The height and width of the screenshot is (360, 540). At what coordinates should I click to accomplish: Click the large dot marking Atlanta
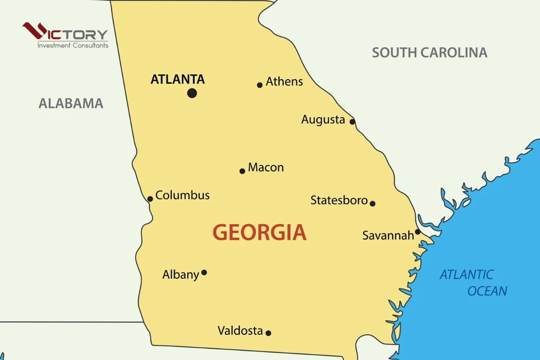(192, 93)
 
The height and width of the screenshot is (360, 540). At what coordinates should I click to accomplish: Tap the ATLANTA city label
(178, 80)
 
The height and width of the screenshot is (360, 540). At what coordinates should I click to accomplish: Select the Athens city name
(284, 81)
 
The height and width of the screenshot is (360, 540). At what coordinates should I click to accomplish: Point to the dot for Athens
(260, 85)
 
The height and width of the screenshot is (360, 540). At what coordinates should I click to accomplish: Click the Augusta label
(323, 120)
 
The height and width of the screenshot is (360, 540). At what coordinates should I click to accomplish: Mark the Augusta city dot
(352, 121)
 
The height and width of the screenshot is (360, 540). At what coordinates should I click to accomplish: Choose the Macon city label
(266, 167)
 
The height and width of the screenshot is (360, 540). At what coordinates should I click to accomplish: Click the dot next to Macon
(242, 171)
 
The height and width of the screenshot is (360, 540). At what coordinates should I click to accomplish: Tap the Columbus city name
(182, 195)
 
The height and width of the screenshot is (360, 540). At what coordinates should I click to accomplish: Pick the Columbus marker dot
(150, 199)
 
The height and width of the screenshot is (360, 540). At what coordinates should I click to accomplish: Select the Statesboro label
(339, 200)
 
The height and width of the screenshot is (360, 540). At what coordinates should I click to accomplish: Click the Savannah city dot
(418, 232)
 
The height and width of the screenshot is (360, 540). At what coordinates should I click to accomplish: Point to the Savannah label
(388, 235)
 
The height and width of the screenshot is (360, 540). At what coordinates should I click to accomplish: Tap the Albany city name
(180, 274)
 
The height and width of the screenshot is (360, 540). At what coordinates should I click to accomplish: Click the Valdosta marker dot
(268, 333)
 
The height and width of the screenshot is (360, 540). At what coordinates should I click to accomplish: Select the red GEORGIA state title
(260, 233)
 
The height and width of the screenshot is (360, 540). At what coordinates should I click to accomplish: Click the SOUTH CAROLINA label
(429, 53)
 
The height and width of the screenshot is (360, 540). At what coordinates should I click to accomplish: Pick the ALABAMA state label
(71, 103)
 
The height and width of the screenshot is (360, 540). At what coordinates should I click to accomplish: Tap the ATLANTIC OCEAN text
(472, 283)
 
